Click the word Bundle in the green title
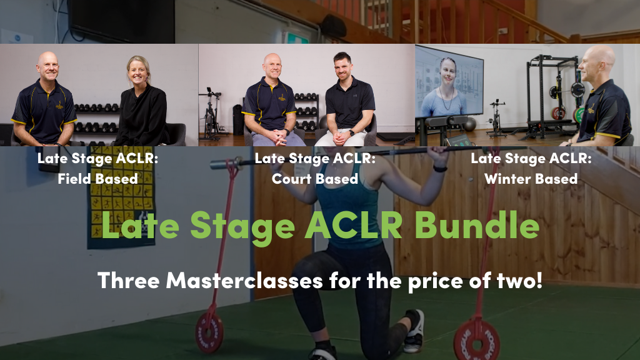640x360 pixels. coord(477,225)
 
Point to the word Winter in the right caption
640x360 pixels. coord(507,178)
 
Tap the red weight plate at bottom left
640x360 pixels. coord(209,332)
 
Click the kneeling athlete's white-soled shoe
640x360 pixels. coord(414,331)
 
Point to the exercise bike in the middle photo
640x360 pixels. coord(211,114)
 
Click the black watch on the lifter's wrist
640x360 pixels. coord(440,168)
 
